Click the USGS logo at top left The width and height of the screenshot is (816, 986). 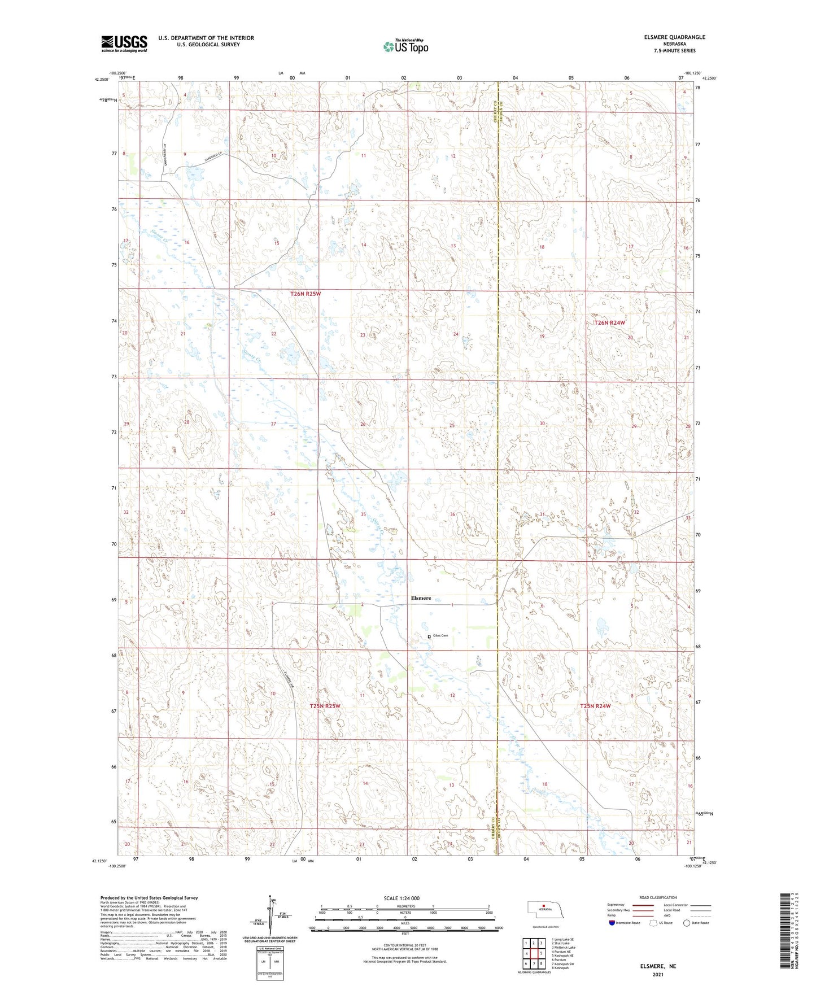(x=124, y=43)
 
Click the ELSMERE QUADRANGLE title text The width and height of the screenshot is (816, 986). (x=674, y=37)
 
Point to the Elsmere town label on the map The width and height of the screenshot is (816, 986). (x=421, y=598)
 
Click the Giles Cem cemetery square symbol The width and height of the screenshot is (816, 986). (x=429, y=636)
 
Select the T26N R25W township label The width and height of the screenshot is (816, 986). (x=306, y=294)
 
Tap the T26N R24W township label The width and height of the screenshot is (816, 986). (x=610, y=322)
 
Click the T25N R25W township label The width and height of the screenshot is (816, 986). (x=325, y=706)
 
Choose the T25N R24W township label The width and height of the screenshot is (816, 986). (x=596, y=706)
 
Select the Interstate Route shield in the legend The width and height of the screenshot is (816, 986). (x=612, y=923)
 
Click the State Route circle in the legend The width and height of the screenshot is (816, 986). (x=687, y=923)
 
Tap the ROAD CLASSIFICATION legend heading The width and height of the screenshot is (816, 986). (x=657, y=897)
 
